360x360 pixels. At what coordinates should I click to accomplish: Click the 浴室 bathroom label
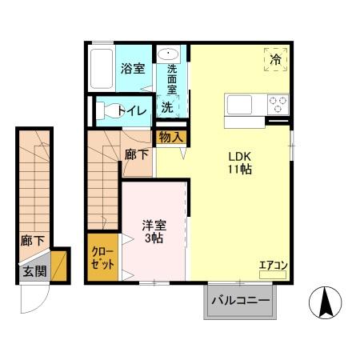(134, 69)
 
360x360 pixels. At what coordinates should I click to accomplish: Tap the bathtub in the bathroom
(102, 69)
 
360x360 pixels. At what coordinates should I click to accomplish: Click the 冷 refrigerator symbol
(275, 58)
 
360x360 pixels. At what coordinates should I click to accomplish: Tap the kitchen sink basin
(238, 104)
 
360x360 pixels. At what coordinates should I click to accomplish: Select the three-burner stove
(277, 104)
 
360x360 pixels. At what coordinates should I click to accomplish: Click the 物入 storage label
(170, 137)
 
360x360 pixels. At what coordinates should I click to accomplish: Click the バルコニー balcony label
(240, 302)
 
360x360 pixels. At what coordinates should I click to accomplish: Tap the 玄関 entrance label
(34, 270)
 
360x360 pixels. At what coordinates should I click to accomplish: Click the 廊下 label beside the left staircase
(32, 239)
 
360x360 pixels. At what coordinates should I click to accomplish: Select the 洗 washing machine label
(167, 106)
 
